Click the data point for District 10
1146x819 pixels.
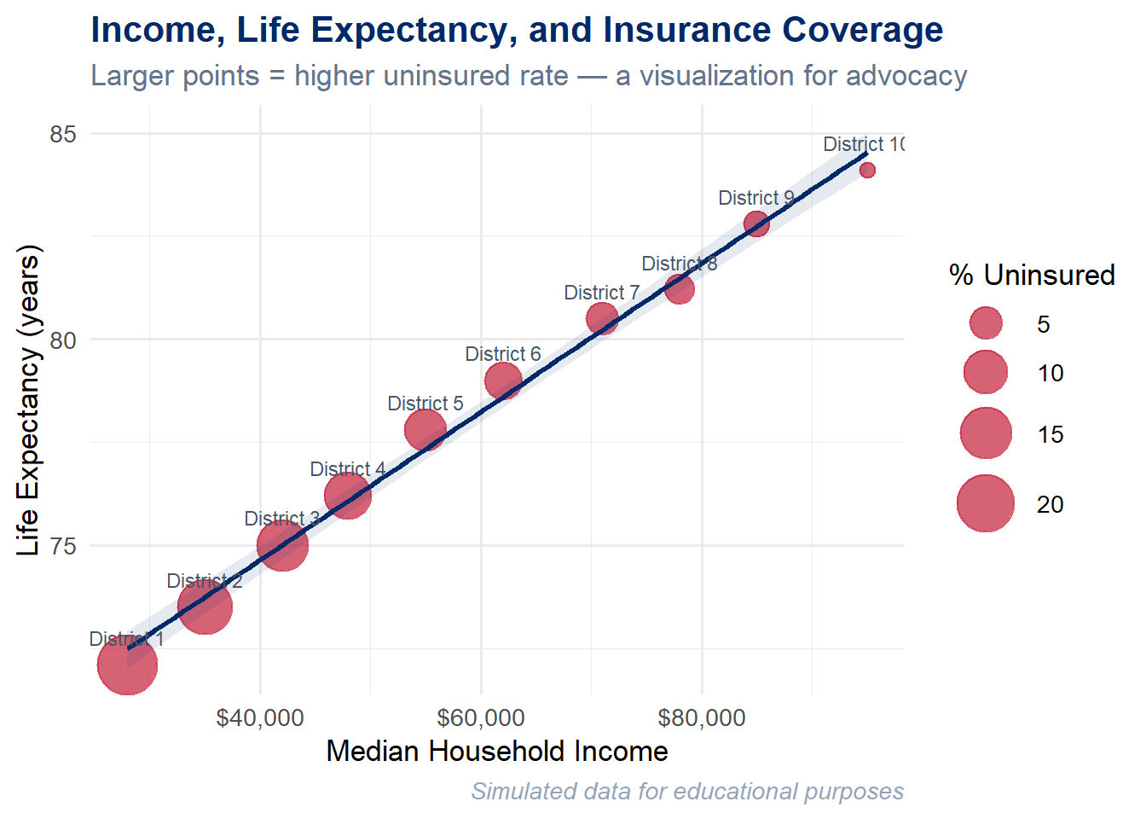pyautogui.click(x=867, y=170)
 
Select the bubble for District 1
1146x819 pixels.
pyautogui.click(x=127, y=665)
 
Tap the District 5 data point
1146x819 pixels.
pyautogui.click(x=425, y=429)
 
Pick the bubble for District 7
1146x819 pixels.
pyautogui.click(x=602, y=318)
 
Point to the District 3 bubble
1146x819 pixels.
pyautogui.click(x=282, y=546)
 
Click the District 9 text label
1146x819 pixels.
pyautogui.click(x=755, y=198)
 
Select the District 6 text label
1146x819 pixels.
pyautogui.click(x=502, y=354)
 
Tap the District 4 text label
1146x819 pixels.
pyautogui.click(x=347, y=469)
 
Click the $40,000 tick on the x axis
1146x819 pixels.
pyautogui.click(x=260, y=718)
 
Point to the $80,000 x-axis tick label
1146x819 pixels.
pyautogui.click(x=702, y=718)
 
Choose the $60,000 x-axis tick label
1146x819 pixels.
pyautogui.click(x=481, y=718)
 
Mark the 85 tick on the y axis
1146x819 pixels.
pyautogui.click(x=63, y=134)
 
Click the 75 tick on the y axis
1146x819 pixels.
pyautogui.click(x=63, y=546)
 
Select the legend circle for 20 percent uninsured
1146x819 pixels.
pyautogui.click(x=986, y=503)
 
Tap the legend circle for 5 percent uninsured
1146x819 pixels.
pyautogui.click(x=986, y=323)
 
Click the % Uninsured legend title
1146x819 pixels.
pyautogui.click(x=1032, y=275)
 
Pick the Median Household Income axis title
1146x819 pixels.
pyautogui.click(x=497, y=751)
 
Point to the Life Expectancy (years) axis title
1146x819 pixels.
pyautogui.click(x=29, y=401)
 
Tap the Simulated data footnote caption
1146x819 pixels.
pyautogui.click(x=687, y=792)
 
